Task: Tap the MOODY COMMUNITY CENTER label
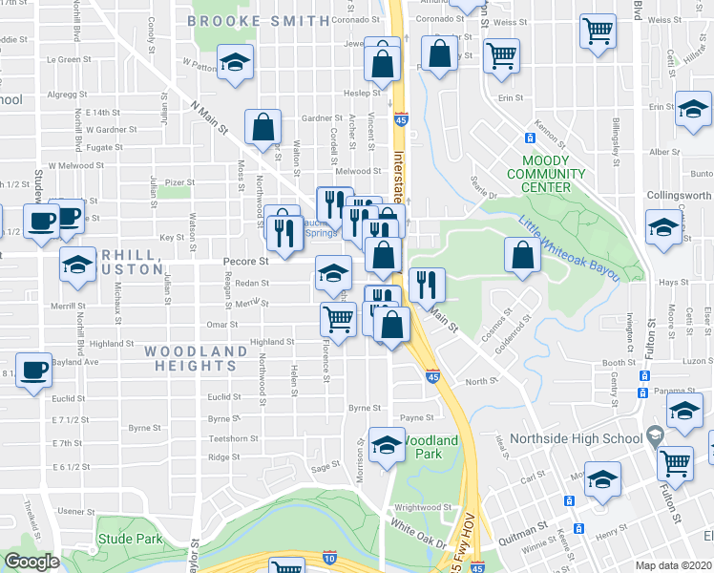(546, 174)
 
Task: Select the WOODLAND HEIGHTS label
(197, 359)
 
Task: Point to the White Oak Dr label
(419, 533)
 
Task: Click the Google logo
(31, 562)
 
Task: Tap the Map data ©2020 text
(673, 565)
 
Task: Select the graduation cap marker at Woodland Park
(387, 445)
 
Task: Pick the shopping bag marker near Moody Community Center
(523, 254)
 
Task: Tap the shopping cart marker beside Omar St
(339, 317)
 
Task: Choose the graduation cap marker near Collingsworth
(663, 228)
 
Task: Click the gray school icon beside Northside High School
(655, 435)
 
